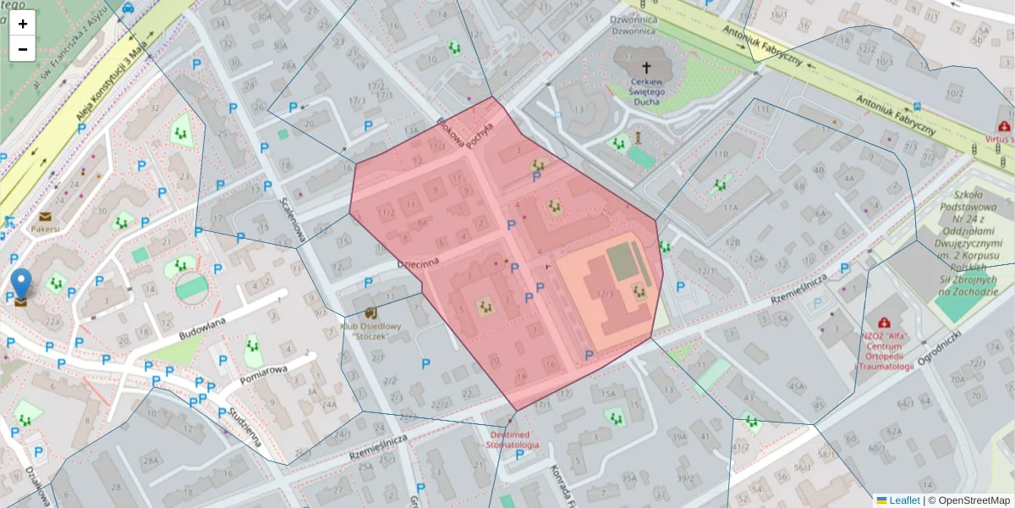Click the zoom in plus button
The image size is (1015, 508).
(x=23, y=24)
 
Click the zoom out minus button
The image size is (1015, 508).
(x=23, y=49)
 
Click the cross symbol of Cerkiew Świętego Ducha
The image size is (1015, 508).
(x=647, y=67)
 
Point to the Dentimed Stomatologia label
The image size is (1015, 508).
(x=513, y=439)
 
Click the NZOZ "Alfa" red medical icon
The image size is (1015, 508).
(x=884, y=323)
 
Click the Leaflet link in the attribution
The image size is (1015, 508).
(x=904, y=500)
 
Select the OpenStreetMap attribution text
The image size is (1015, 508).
(x=969, y=500)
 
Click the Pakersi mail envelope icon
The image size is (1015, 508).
(x=44, y=216)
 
